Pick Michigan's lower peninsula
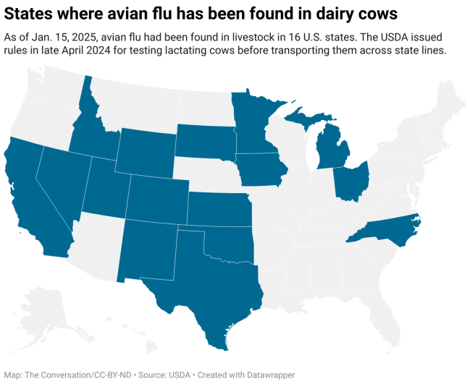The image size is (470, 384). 333,148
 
